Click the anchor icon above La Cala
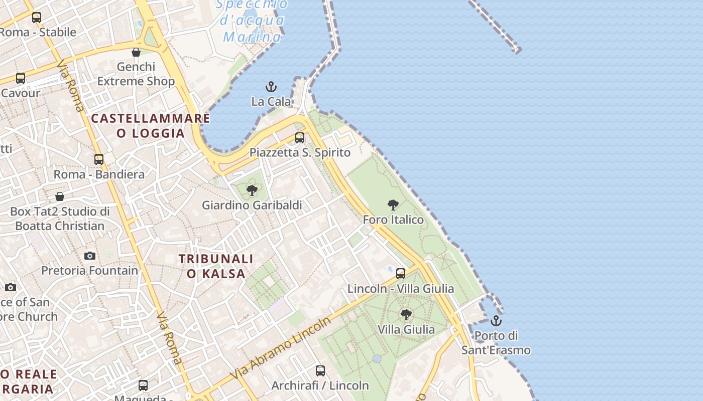point(271,87)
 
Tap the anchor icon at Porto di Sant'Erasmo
point(496,321)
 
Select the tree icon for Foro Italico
point(393,205)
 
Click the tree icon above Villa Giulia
point(406,315)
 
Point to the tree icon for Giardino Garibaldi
point(252,190)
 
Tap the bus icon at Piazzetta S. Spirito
point(300,137)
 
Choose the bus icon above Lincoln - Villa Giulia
point(401,274)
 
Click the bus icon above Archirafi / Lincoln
point(320,371)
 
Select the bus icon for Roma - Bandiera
point(99,159)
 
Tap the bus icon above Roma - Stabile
point(37,18)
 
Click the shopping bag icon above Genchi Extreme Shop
point(136,52)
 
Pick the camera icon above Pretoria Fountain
point(90,256)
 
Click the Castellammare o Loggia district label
point(151,126)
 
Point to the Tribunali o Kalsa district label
point(216,266)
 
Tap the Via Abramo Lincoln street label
point(282,348)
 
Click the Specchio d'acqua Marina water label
point(253,21)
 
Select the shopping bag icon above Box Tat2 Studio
point(60,196)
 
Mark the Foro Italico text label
point(393,220)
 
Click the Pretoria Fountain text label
point(90,271)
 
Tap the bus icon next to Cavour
point(21,78)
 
